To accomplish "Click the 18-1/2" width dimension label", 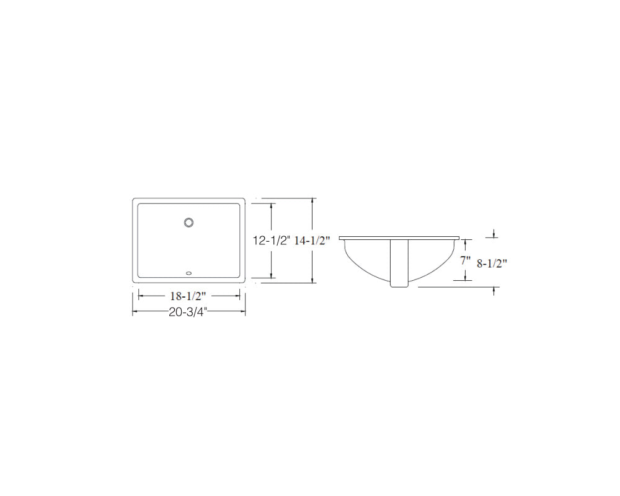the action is pos(188,296).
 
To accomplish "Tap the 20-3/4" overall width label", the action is pos(188,312).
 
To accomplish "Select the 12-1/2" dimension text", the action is pos(272,241).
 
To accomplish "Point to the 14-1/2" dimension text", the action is pos(312,241).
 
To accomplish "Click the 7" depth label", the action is pos(466,260).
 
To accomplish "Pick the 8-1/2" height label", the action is pos(492,264).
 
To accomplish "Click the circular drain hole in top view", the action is pos(188,223).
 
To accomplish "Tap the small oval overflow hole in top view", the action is pos(188,273).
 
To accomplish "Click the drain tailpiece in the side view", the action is pos(399,263).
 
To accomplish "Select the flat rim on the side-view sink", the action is pos(399,237).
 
